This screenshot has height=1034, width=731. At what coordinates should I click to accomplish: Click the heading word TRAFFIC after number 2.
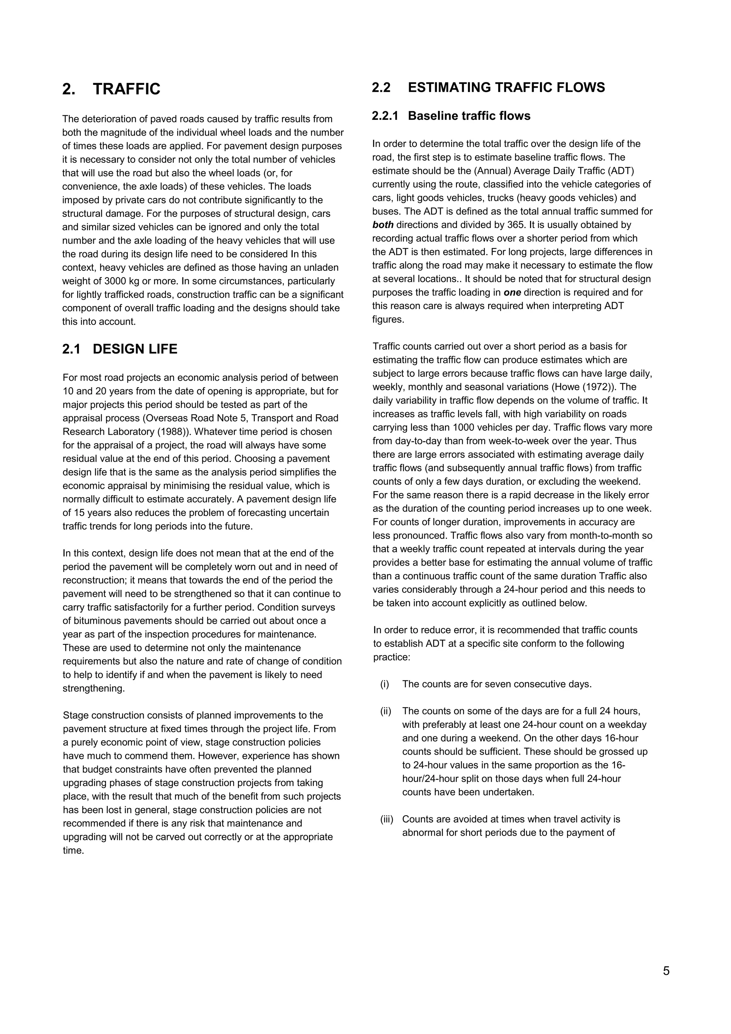click(127, 89)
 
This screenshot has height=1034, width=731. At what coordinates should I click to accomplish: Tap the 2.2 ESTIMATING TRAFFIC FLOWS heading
click(488, 87)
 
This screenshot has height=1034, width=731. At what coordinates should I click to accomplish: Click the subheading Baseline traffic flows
click(469, 116)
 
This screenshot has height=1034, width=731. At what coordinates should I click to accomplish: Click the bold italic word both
click(383, 225)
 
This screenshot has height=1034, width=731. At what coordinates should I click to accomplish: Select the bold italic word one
click(512, 292)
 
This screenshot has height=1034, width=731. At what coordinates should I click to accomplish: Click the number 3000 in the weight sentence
click(116, 281)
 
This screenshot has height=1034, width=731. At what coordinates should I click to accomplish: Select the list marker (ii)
click(385, 711)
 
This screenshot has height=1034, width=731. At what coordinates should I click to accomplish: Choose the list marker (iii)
click(387, 819)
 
